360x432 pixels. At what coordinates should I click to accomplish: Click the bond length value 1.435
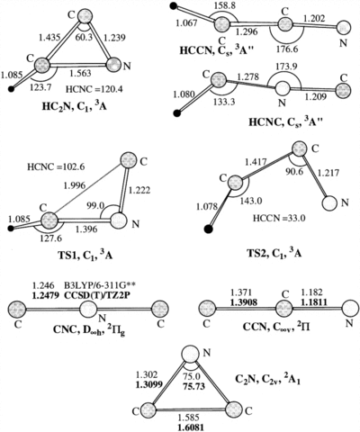pyautogui.click(x=49, y=38)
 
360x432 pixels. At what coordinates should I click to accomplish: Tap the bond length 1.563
pyautogui.click(x=80, y=73)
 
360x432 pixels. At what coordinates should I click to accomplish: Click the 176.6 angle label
pyautogui.click(x=287, y=49)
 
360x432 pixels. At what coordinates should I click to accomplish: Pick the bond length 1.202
pyautogui.click(x=313, y=19)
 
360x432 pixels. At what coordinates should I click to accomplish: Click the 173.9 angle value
pyautogui.click(x=286, y=67)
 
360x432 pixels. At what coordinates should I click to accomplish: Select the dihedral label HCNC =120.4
pyautogui.click(x=94, y=89)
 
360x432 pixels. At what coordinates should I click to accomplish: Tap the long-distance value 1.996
pyautogui.click(x=75, y=185)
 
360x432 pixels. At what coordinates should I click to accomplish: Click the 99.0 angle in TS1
pyautogui.click(x=95, y=205)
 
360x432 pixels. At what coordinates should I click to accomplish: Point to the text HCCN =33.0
pyautogui.click(x=279, y=218)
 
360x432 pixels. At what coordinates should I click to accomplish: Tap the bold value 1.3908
pyautogui.click(x=244, y=302)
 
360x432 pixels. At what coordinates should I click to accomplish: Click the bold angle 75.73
pyautogui.click(x=194, y=386)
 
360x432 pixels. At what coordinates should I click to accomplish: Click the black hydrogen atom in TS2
pyautogui.click(x=208, y=229)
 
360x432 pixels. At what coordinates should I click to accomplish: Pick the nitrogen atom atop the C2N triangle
pyautogui.click(x=191, y=353)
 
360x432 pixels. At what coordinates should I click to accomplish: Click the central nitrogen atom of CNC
pyautogui.click(x=88, y=309)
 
